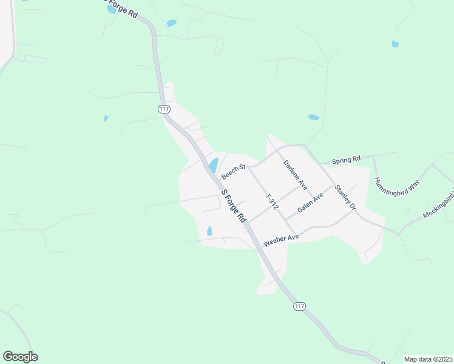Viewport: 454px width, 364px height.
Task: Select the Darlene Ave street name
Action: pos(296,175)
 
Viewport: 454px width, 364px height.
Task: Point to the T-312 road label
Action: pos(272,202)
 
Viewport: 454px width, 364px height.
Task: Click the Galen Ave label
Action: pos(310,204)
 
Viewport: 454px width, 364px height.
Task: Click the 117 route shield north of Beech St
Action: pos(163,109)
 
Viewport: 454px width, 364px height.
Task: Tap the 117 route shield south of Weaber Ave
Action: pos(299,306)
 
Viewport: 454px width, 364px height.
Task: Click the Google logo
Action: pos(20,357)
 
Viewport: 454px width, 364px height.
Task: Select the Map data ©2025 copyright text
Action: pos(428,359)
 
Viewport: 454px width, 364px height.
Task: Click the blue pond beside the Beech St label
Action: pos(213,165)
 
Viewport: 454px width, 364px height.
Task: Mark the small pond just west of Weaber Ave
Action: pos(209,231)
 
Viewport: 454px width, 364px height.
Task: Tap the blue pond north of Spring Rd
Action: pos(314,117)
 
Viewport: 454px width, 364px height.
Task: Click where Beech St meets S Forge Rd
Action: pos(215,181)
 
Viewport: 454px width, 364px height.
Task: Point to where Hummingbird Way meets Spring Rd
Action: pos(373,156)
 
